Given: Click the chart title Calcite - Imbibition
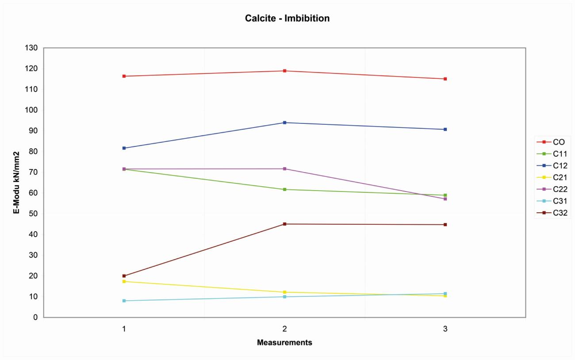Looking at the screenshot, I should click(287, 19).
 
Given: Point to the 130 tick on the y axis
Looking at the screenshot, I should click(31, 48).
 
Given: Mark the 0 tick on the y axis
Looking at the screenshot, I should click(35, 318).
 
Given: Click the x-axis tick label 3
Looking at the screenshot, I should click(445, 329).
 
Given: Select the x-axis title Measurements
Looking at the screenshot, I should click(285, 343).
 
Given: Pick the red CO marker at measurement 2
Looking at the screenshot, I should click(285, 71).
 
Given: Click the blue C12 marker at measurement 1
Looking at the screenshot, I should click(124, 148).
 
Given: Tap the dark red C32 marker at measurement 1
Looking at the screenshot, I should click(124, 276).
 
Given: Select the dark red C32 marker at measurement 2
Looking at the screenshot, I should click(285, 224).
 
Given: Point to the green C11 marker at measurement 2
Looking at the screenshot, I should click(285, 189).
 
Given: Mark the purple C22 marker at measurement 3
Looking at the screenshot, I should click(445, 199).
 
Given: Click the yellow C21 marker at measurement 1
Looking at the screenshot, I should click(124, 281).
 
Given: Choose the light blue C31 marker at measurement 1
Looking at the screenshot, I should click(124, 301).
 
